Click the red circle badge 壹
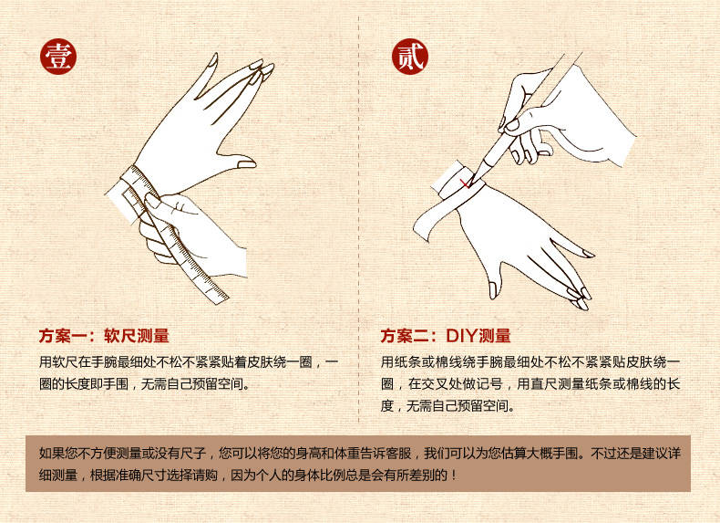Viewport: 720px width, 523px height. coord(57,57)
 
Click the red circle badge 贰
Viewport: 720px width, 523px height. coord(410,57)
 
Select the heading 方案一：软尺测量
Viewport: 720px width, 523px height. coord(104,336)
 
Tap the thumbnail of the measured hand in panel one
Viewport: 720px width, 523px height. coord(246,162)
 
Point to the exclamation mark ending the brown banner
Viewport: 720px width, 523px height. coord(454,476)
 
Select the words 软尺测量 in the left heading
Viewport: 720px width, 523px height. coord(137,336)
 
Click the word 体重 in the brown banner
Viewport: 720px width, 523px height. coord(347,454)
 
